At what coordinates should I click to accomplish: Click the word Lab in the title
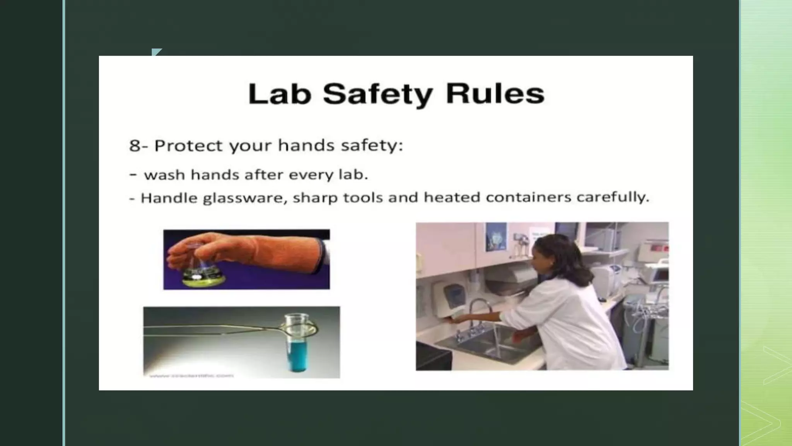[279, 94]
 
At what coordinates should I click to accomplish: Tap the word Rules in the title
[495, 94]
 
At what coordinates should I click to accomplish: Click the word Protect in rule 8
[188, 146]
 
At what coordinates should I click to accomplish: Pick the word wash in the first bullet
[164, 175]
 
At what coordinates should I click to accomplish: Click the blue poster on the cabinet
[496, 237]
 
